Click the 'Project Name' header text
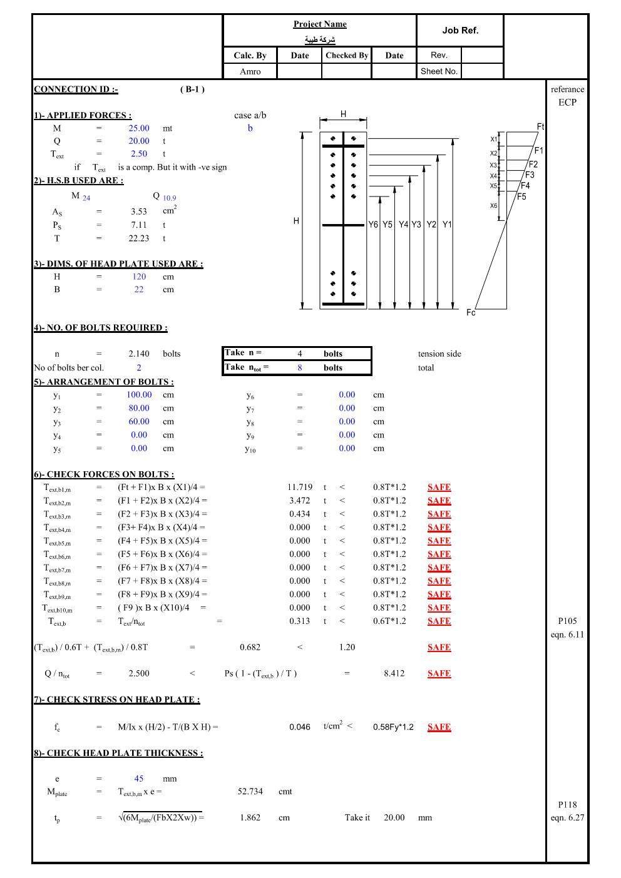(x=320, y=24)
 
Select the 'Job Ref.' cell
(x=460, y=30)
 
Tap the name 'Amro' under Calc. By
(x=250, y=71)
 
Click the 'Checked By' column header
(x=347, y=55)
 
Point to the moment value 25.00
(x=139, y=128)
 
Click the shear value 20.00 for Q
(x=139, y=141)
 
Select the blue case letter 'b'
(x=250, y=128)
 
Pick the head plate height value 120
(x=139, y=277)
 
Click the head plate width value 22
(x=139, y=290)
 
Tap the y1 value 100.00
(x=139, y=395)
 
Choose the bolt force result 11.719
(x=300, y=487)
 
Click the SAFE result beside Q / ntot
(x=439, y=674)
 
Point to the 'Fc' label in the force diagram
(x=471, y=312)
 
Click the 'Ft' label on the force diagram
(x=540, y=127)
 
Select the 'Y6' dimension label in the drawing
(x=373, y=225)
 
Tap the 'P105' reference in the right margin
(x=567, y=621)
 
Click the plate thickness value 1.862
(x=250, y=818)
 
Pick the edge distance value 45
(x=139, y=779)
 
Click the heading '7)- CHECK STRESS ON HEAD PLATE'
(x=117, y=700)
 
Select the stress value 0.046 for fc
(x=300, y=727)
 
